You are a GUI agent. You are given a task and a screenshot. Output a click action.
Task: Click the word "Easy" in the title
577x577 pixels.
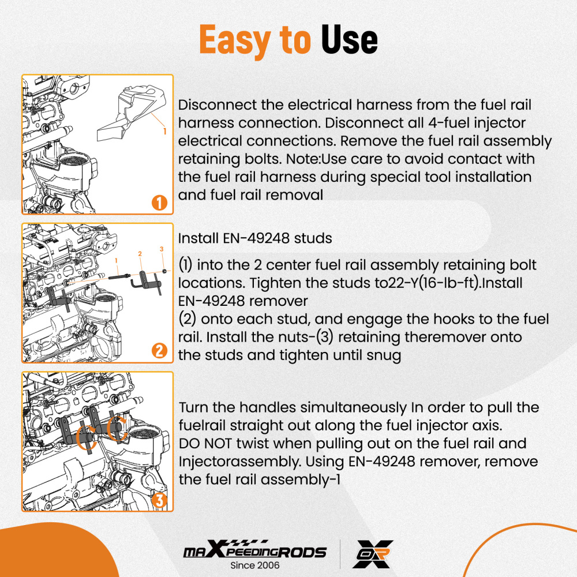(235, 40)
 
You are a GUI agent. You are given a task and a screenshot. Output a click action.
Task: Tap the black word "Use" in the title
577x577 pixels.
(349, 40)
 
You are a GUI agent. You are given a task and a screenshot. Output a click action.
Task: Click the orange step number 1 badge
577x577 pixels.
(159, 203)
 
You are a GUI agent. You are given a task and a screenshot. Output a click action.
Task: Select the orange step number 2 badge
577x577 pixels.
(159, 351)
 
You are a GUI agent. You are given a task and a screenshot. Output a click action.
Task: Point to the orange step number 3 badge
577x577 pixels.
(159, 500)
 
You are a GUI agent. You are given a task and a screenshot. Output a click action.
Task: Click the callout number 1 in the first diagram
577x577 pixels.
(164, 131)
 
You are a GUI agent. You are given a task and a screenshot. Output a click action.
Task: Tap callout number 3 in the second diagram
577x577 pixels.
(162, 249)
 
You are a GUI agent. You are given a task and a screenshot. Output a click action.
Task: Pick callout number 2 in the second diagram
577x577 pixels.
(140, 253)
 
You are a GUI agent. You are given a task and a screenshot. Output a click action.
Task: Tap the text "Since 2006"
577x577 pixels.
(254, 565)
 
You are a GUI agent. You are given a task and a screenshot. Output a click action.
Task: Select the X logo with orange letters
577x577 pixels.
(373, 554)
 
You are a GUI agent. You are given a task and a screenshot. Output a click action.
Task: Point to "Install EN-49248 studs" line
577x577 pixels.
(255, 238)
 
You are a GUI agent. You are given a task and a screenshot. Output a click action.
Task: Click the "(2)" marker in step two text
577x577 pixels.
(188, 319)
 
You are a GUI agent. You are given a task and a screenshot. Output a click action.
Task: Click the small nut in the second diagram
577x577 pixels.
(164, 272)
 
